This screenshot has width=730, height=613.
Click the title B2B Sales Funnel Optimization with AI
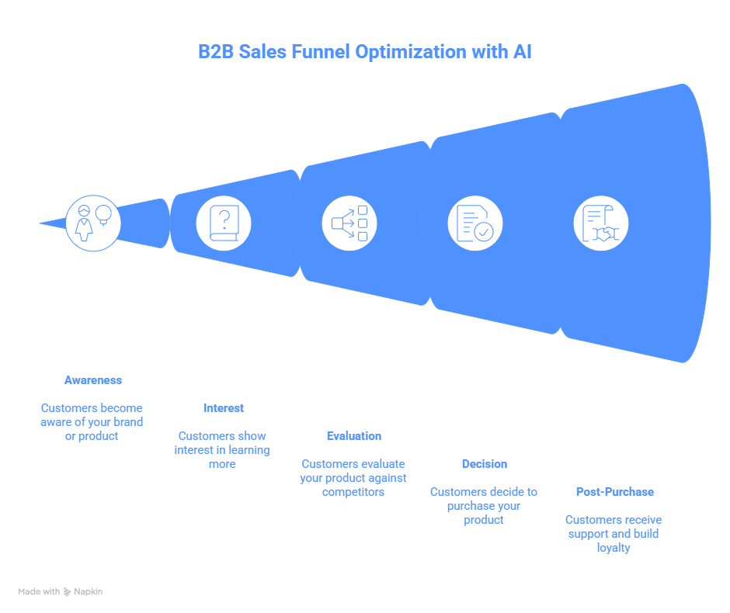[x=364, y=53]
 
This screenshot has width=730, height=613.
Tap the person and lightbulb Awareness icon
[x=92, y=223]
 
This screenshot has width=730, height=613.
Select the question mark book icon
[x=224, y=223]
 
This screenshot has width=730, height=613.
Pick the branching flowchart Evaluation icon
[x=349, y=223]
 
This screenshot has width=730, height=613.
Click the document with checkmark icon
[x=474, y=223]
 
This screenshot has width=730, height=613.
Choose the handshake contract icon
[x=600, y=223]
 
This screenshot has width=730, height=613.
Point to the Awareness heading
[x=92, y=380]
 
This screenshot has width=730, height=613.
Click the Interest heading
[x=223, y=408]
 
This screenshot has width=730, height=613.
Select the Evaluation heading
[x=353, y=436]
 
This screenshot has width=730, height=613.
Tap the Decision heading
[x=484, y=464]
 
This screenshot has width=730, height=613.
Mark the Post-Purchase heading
[x=614, y=492]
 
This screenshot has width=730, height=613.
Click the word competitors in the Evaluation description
[x=353, y=492]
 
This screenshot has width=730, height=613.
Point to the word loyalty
[x=614, y=548]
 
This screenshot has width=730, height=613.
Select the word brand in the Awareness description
[x=127, y=422]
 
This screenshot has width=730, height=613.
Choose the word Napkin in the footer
[x=89, y=591]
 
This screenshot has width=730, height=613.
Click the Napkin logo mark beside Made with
[x=68, y=591]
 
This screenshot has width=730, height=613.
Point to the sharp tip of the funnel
[x=40, y=223]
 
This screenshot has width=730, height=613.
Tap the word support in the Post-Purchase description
[x=589, y=534]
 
